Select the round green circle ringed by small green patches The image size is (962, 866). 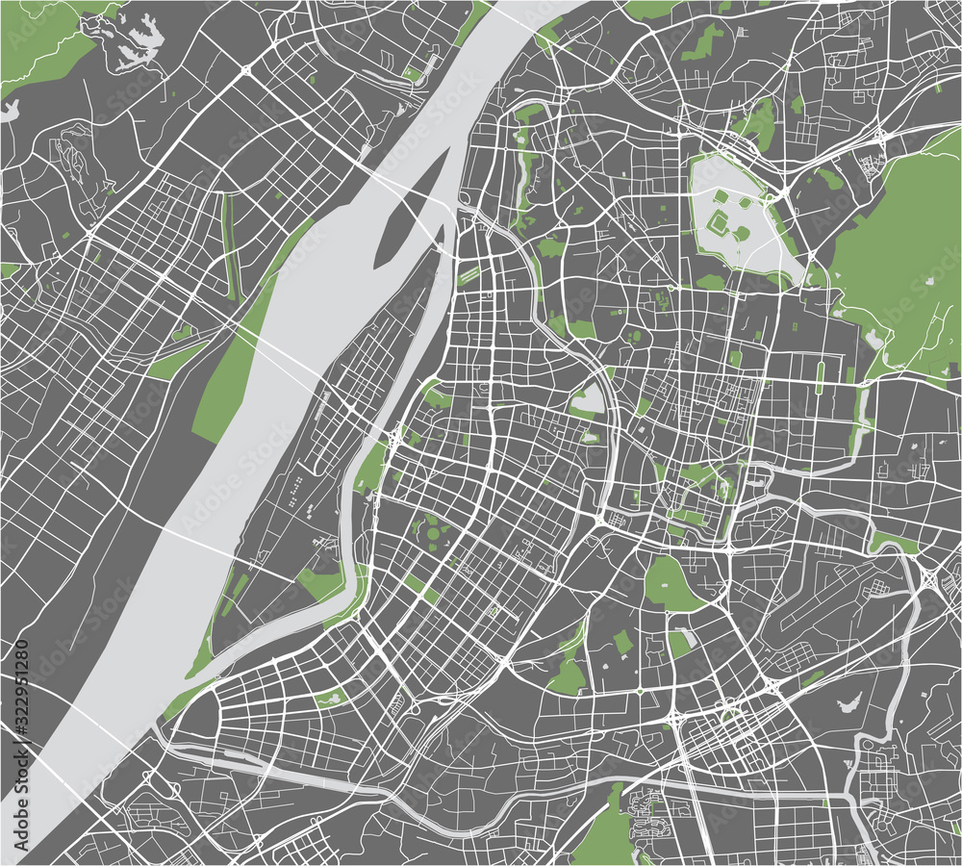click(432, 528)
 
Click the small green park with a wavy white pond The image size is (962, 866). click(332, 697)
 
